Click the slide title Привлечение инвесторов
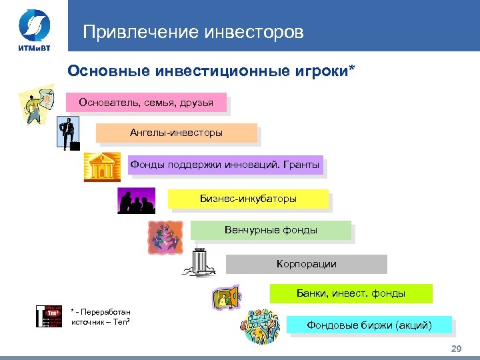193,31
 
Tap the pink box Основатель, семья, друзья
146,102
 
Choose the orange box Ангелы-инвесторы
176,133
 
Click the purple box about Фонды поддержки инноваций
225,164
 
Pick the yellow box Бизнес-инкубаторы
248,199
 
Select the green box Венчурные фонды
271,230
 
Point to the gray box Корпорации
306,264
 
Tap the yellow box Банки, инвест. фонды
351,293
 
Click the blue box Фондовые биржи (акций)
369,325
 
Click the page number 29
456,350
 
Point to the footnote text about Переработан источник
101,317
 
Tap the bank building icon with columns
102,167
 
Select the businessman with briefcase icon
68,133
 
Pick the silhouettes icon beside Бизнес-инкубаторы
136,200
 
